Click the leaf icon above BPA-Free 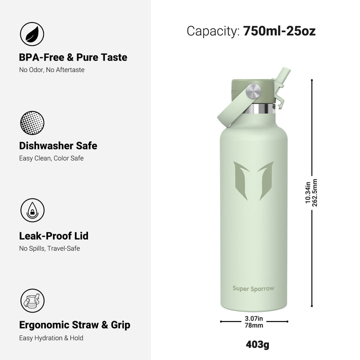(32, 34)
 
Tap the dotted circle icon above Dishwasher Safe (32, 123)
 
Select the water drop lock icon (32, 210)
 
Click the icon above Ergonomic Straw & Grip (32, 300)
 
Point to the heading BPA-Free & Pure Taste (73, 57)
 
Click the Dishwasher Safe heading (58, 146)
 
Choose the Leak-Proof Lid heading (53, 236)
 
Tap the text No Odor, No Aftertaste (51, 70)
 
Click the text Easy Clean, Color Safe (51, 158)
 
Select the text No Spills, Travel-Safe (49, 248)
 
